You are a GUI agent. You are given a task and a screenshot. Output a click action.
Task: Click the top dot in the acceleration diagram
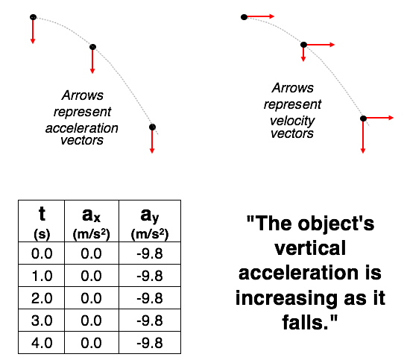[33, 17]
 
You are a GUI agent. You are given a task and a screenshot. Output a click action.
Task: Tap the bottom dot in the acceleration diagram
[152, 127]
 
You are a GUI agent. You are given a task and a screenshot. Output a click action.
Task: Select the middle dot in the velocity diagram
[304, 45]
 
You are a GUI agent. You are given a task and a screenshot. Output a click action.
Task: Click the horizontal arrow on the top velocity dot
[261, 16]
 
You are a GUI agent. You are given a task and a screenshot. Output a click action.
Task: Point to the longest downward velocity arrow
[363, 137]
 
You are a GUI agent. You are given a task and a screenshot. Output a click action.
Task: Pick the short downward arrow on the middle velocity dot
[303, 54]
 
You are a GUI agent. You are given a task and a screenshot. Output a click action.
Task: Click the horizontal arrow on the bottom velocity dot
[380, 118]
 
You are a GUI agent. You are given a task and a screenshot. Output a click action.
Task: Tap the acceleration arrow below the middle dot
[92, 62]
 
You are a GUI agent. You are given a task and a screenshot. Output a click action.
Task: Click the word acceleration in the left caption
[82, 128]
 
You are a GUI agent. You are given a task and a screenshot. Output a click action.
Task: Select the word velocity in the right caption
[292, 121]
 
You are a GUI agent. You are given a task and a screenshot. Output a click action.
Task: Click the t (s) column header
[42, 221]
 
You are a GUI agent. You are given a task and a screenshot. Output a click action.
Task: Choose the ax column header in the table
[92, 221]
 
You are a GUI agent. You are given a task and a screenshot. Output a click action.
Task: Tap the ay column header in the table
[150, 221]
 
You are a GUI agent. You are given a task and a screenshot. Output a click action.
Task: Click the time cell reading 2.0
[42, 298]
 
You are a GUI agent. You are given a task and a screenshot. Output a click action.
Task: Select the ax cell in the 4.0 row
[92, 343]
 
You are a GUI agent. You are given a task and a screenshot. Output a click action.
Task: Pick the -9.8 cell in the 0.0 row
[150, 253]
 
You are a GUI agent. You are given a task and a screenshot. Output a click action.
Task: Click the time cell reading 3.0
[42, 320]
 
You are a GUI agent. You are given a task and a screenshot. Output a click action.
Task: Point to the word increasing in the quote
[286, 298]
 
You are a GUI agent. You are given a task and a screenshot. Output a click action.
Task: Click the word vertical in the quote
[310, 248]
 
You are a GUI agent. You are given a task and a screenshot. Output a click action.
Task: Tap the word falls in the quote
[306, 323]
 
